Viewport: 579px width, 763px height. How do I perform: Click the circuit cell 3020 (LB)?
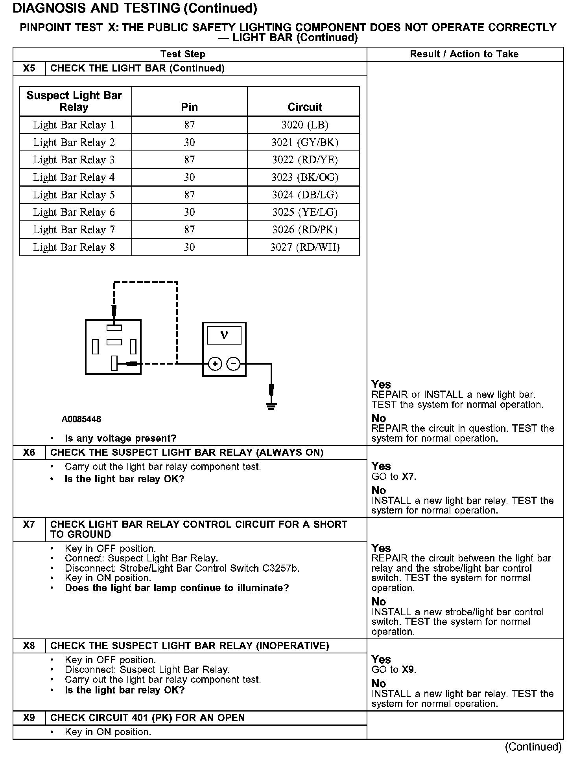(304, 125)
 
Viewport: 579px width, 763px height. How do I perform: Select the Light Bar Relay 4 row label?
(74, 177)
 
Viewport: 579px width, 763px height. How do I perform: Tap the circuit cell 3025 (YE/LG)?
(304, 212)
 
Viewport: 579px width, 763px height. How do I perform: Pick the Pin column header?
(189, 107)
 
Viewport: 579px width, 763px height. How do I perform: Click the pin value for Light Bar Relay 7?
(189, 229)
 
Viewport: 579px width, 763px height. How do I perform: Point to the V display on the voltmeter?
(224, 335)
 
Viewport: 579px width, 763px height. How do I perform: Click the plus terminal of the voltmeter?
(215, 364)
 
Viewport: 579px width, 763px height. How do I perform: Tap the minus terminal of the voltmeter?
(234, 364)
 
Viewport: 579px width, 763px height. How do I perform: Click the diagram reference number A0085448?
(81, 419)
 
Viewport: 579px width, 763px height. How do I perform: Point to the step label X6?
(29, 453)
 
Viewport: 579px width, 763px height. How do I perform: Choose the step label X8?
(29, 646)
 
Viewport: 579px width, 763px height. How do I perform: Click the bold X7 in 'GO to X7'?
(408, 477)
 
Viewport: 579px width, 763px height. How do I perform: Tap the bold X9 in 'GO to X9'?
(408, 669)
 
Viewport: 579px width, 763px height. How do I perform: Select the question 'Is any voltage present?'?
(120, 438)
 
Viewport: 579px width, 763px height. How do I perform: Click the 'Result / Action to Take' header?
(464, 54)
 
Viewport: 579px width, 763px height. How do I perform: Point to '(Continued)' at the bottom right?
(533, 746)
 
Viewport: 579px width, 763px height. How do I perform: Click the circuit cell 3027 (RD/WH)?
(304, 247)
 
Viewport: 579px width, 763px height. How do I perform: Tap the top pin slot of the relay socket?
(114, 328)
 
